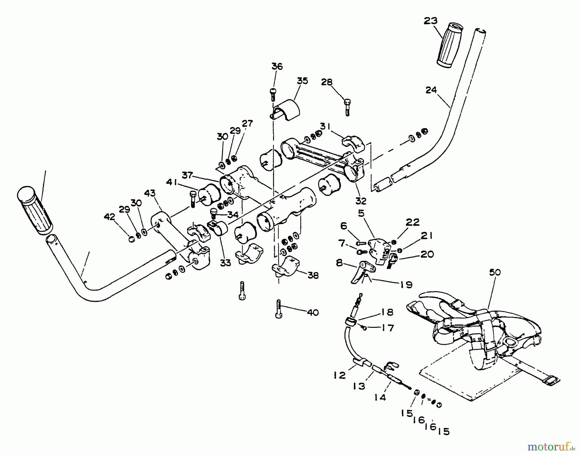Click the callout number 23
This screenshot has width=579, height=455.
(430, 21)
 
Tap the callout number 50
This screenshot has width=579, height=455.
(495, 272)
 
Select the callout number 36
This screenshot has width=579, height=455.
(277, 66)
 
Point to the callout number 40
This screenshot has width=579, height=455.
(313, 312)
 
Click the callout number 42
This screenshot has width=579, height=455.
(109, 217)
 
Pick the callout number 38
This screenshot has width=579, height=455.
(313, 275)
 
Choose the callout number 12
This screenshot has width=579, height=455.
(340, 375)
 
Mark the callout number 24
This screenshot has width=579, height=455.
(431, 90)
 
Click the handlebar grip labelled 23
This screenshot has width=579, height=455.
(449, 45)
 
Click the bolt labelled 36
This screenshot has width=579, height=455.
(273, 95)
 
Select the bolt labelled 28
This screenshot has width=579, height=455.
(347, 107)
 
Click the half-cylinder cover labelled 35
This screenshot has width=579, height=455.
(287, 110)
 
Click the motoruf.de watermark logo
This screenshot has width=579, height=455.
(551, 447)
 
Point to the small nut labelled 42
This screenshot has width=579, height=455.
(132, 239)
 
